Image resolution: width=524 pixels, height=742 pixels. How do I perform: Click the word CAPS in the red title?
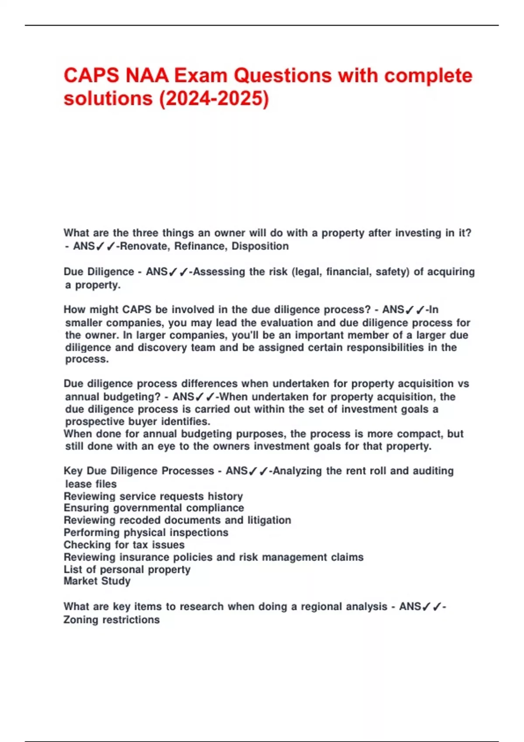coord(91,76)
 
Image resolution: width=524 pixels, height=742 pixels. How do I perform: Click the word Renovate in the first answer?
coord(145,246)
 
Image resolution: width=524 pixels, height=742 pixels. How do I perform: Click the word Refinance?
coord(200,246)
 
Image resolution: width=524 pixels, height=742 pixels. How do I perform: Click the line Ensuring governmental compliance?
coord(154,508)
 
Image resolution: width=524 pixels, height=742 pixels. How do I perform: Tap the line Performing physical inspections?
coord(146,533)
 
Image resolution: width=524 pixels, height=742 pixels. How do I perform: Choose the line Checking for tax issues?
coord(124,545)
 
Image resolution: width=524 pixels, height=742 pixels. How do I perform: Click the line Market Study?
coord(97,581)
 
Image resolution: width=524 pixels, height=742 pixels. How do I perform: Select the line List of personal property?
coord(127,570)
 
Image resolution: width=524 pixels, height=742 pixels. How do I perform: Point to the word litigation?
coord(269,520)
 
